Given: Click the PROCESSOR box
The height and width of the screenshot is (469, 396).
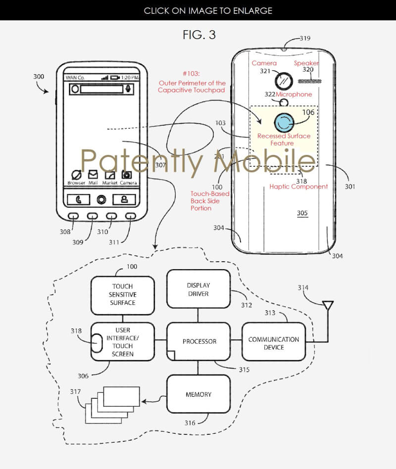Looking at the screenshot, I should [x=198, y=341].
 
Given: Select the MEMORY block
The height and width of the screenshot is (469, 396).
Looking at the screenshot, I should [x=198, y=394].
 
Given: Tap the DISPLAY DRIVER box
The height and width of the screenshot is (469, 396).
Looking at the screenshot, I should [x=198, y=289].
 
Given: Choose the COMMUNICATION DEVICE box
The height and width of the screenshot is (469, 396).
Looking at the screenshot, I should [x=274, y=343].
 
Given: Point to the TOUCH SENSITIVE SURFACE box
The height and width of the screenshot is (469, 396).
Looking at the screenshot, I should [x=123, y=294].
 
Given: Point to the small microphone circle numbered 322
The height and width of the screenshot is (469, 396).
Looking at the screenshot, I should [x=284, y=102].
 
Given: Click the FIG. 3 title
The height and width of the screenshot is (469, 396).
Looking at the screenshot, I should [x=199, y=35].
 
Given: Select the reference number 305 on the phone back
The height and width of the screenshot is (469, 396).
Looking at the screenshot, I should [x=302, y=213].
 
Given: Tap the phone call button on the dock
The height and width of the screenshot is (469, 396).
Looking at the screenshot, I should [x=79, y=199].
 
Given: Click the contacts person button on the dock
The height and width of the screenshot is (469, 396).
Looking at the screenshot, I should [x=124, y=199].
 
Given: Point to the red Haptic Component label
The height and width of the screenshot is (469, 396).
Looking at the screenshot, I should [x=298, y=187].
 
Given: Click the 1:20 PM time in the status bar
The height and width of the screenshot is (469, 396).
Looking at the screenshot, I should [x=130, y=78].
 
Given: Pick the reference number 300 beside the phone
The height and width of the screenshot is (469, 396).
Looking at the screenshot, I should [x=38, y=77].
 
